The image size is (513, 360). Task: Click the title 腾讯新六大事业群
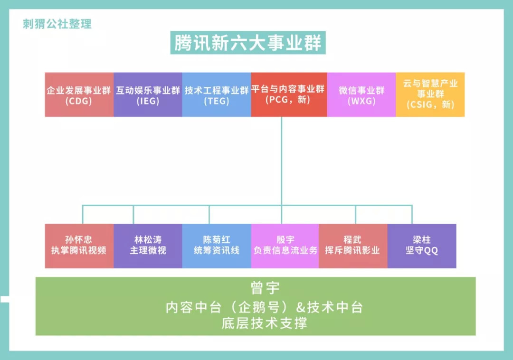pyautogui.click(x=247, y=43)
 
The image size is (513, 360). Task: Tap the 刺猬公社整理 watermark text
pyautogui.click(x=57, y=24)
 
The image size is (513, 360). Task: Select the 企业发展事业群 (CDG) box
pyautogui.click(x=79, y=95)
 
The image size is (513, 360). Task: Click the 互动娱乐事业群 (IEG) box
pyautogui.click(x=148, y=95)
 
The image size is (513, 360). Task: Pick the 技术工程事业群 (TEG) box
pyautogui.click(x=217, y=95)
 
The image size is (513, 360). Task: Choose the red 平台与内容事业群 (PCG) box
pyautogui.click(x=289, y=95)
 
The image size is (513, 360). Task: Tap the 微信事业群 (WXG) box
pyautogui.click(x=361, y=95)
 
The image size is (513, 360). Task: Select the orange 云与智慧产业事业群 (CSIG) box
pyautogui.click(x=430, y=95)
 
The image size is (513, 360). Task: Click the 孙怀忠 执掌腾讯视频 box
pyautogui.click(x=79, y=246)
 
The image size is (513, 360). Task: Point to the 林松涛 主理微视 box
pyautogui.click(x=148, y=246)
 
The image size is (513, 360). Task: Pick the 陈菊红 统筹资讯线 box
pyautogui.click(x=217, y=246)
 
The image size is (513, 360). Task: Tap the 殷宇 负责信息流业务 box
pyautogui.click(x=285, y=246)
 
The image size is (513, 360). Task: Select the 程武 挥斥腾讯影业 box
pyautogui.click(x=353, y=246)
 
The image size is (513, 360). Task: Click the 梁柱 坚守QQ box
pyautogui.click(x=422, y=246)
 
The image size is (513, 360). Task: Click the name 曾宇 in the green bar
pyautogui.click(x=265, y=288)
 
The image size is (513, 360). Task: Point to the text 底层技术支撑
pyautogui.click(x=265, y=323)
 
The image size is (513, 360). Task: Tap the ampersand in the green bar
pyautogui.click(x=301, y=307)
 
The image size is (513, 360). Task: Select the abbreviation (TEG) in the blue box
pyautogui.click(x=217, y=101)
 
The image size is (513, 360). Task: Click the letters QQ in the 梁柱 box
pyautogui.click(x=431, y=251)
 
